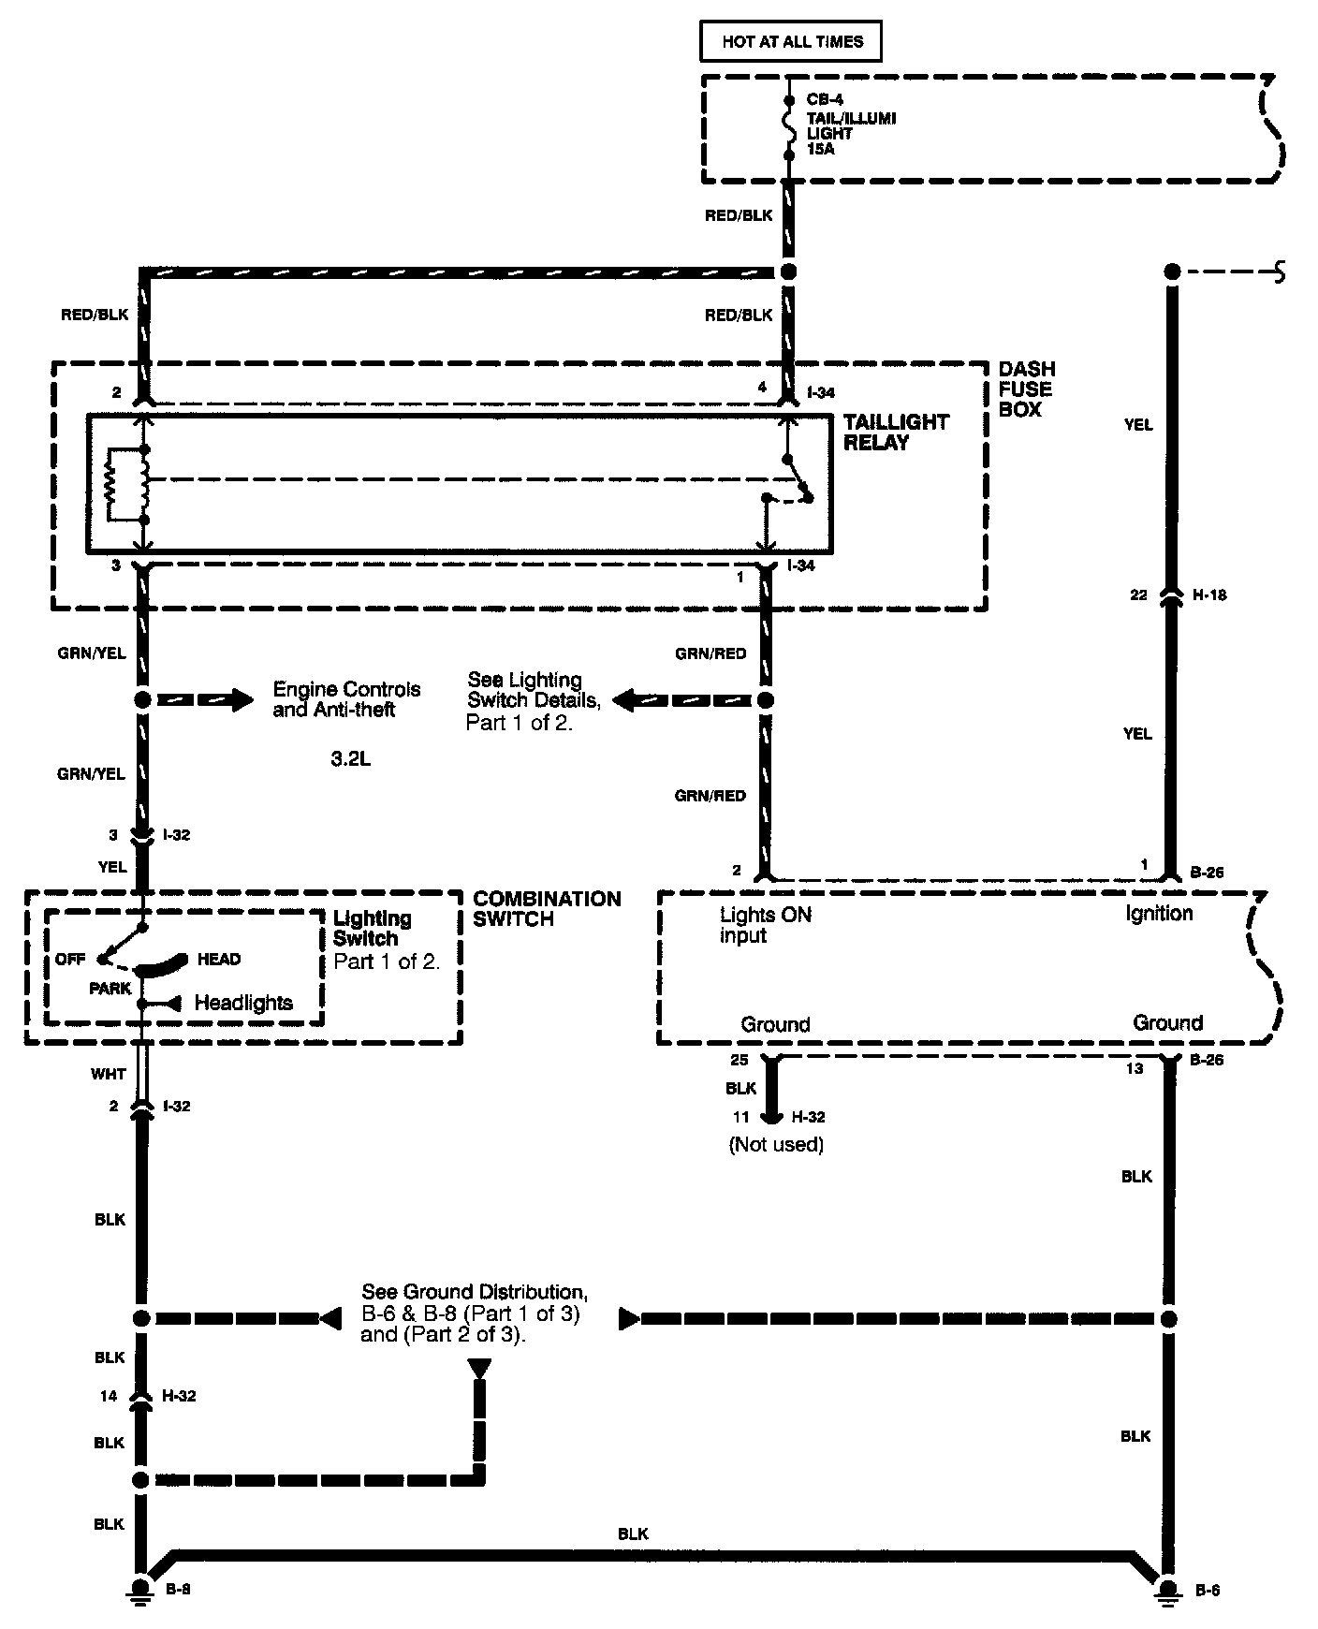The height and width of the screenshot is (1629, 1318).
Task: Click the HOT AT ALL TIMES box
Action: pos(791,42)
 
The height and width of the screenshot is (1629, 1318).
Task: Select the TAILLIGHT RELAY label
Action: pos(896,433)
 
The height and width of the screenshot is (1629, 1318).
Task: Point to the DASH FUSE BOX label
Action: pos(1026,389)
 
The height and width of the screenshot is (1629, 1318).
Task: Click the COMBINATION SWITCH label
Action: pos(547,909)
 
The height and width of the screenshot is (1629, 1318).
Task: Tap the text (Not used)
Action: pos(776,1144)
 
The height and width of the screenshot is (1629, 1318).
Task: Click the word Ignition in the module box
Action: pos(1159,913)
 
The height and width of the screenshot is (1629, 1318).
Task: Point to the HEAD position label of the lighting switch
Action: pos(219,960)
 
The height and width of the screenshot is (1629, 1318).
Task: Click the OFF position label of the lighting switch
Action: pos(70,960)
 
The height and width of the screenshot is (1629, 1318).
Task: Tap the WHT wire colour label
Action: pos(109,1074)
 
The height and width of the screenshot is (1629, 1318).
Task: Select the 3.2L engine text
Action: pos(350,759)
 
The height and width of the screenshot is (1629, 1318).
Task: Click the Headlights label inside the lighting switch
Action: pos(243,1003)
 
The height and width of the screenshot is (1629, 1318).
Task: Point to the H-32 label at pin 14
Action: pos(179,1396)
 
